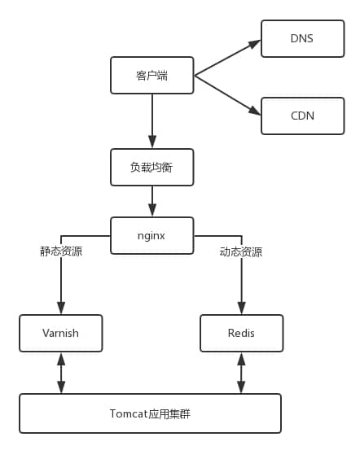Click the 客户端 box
coord(151,75)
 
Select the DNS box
coord(302,38)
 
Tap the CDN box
coord(302,116)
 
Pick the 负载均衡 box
coord(151,167)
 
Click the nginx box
coord(151,235)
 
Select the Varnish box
coord(61,333)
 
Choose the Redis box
coord(241,333)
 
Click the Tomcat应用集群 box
coord(150,413)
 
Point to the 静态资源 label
coord(61,251)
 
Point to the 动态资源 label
coord(241,252)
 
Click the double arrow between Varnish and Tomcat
coord(61,373)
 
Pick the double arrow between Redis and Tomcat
coord(241,373)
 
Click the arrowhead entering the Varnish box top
coord(61,308)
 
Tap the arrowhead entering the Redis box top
coord(241,308)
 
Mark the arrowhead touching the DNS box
coord(255,43)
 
